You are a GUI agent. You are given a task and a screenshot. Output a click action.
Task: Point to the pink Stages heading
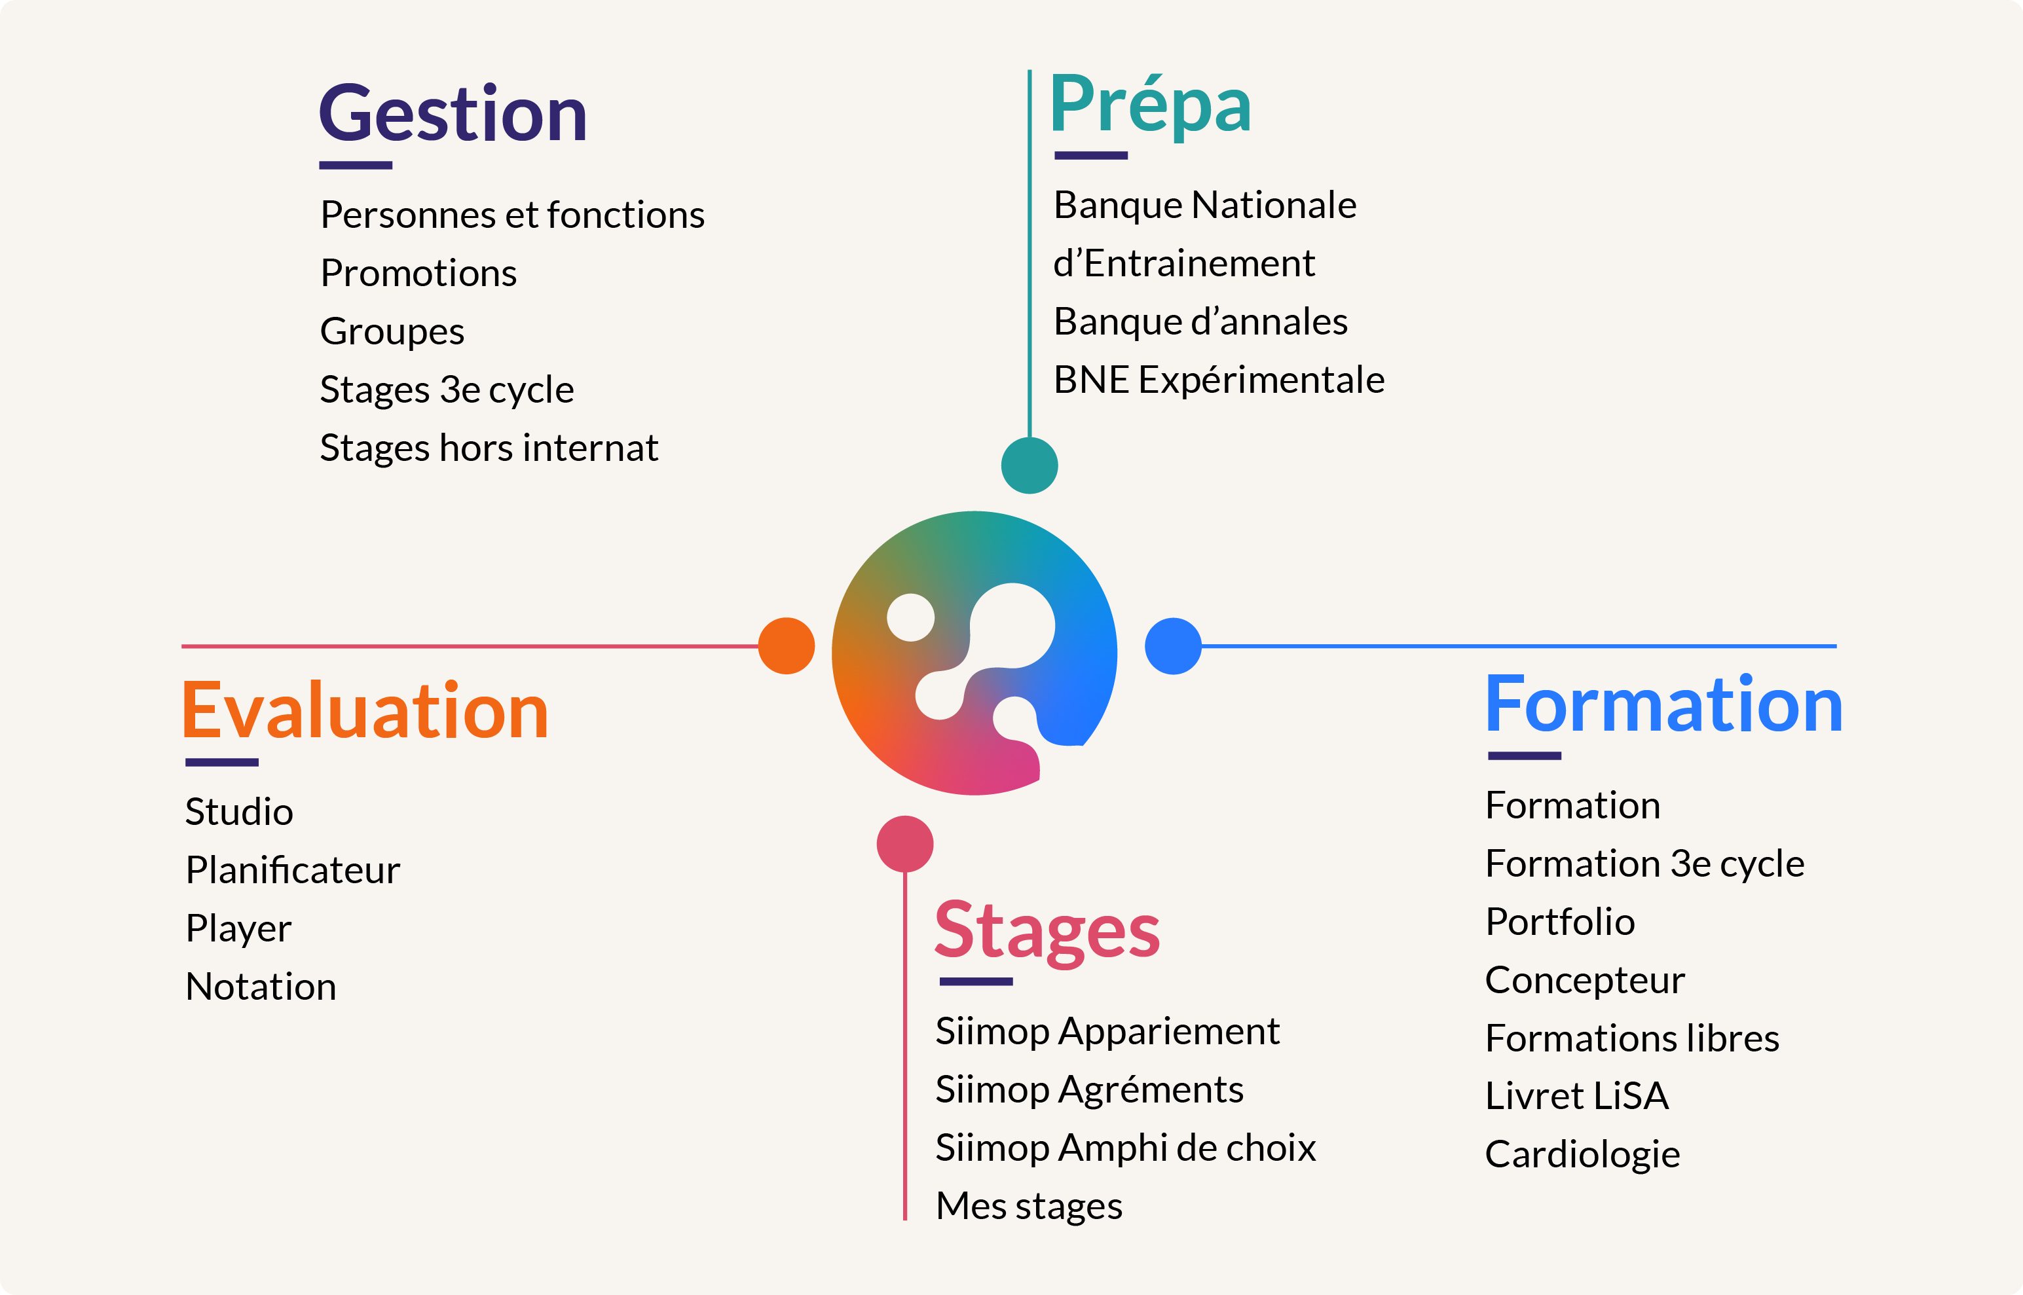click(x=1047, y=932)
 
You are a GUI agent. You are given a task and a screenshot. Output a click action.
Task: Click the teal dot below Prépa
click(x=1030, y=465)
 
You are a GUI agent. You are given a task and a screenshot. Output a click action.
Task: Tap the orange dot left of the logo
click(x=787, y=646)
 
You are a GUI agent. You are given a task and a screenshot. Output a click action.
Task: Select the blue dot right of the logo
click(x=1174, y=646)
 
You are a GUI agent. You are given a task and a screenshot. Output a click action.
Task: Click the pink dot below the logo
click(x=905, y=843)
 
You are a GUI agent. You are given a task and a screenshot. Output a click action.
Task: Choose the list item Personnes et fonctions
click(x=512, y=215)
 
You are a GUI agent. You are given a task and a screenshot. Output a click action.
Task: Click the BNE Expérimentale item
click(x=1219, y=380)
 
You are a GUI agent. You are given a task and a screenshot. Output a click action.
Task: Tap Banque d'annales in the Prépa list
click(x=1200, y=322)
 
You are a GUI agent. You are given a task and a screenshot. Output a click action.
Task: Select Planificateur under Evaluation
click(x=293, y=869)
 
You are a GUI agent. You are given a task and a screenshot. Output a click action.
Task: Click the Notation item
click(x=261, y=987)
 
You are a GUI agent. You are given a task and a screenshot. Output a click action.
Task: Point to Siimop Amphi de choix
click(x=1126, y=1148)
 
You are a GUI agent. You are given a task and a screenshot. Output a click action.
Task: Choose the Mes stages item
click(x=1029, y=1207)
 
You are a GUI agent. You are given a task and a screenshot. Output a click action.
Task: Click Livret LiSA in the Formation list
click(x=1577, y=1096)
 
